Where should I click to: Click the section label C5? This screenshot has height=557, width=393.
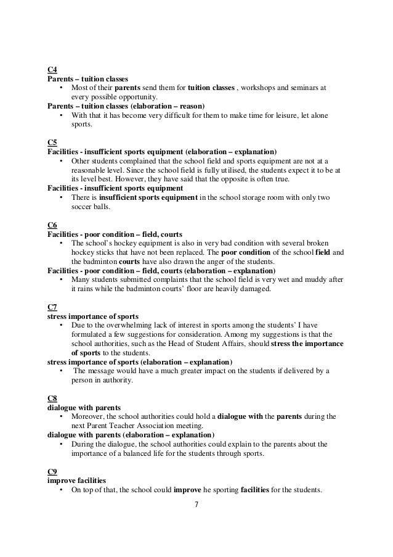point(52,142)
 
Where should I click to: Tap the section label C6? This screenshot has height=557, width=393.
point(52,225)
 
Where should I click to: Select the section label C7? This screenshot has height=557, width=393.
point(52,307)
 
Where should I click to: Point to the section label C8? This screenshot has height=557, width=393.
point(52,398)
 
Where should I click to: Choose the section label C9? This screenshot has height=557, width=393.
point(52,471)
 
